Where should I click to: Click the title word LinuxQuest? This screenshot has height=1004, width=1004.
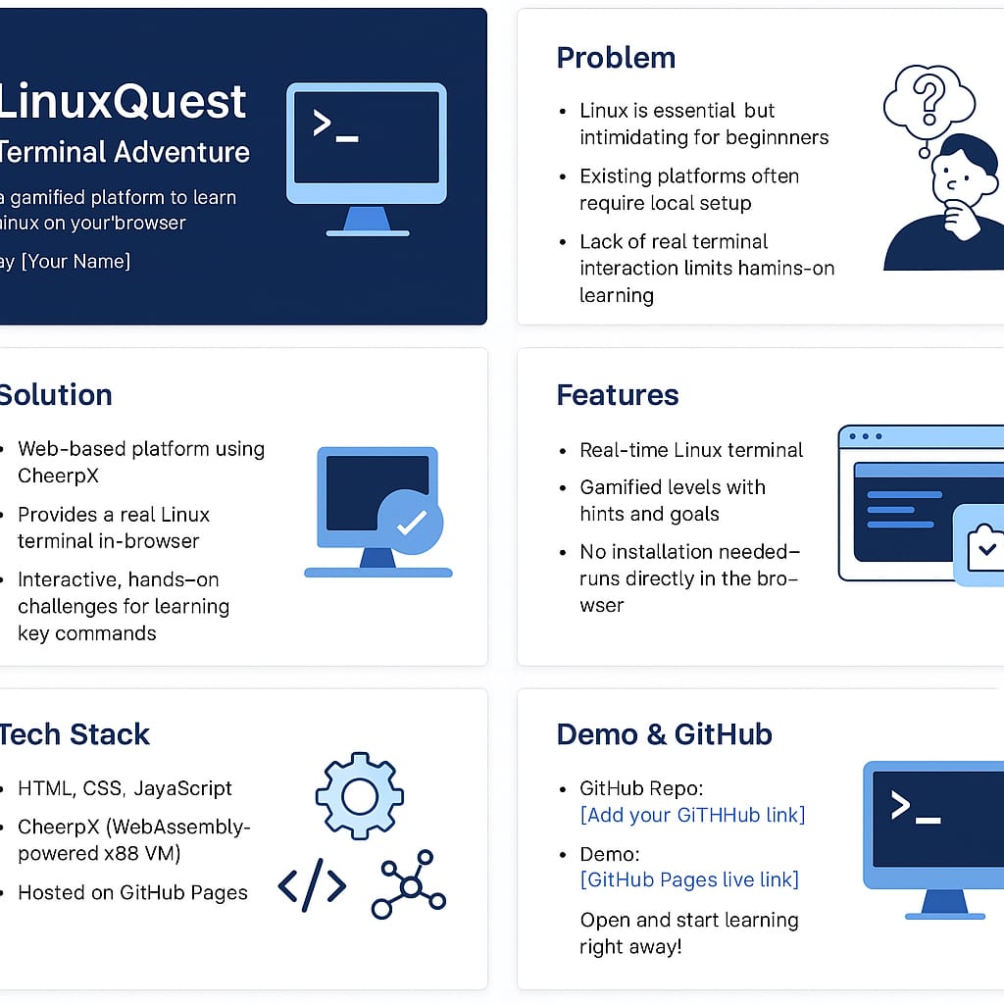tap(123, 101)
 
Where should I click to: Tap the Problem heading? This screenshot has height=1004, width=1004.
tap(616, 58)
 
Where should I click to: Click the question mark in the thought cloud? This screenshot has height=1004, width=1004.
tap(927, 97)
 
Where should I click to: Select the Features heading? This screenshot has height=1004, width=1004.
tap(618, 395)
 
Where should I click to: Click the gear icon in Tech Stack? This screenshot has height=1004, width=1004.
tap(360, 796)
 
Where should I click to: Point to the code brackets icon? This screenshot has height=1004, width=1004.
tap(312, 885)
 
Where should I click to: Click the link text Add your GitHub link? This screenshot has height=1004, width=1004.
tap(692, 815)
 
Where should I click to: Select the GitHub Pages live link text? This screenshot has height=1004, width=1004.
tap(689, 879)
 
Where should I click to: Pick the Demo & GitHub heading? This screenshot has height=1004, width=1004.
tap(664, 734)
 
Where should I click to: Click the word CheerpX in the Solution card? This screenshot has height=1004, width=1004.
tap(58, 476)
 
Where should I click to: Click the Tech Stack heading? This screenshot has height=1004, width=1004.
tap(75, 734)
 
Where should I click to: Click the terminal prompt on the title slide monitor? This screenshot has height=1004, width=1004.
tap(334, 126)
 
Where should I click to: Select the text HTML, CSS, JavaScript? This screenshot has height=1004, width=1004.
tap(125, 788)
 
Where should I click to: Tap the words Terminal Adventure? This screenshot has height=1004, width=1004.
tap(125, 152)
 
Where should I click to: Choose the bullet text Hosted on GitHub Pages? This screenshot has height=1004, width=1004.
tap(132, 892)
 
